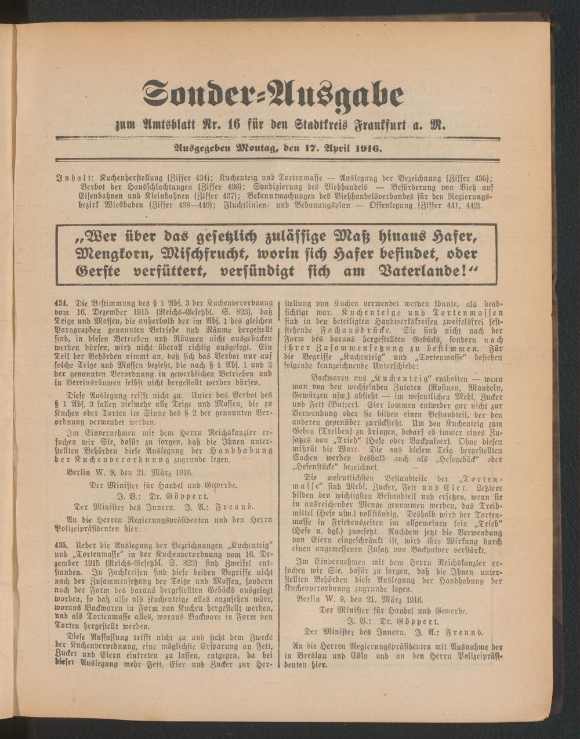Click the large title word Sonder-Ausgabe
pyautogui.click(x=273, y=93)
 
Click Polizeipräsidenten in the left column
pyautogui.click(x=98, y=530)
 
